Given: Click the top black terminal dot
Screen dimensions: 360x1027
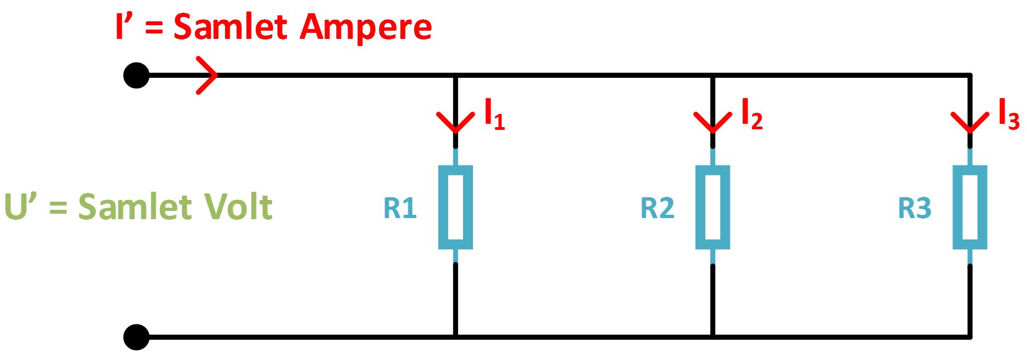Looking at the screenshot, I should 136,75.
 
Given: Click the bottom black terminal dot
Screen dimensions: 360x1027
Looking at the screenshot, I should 136,337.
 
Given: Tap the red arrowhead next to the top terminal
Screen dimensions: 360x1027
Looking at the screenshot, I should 207,75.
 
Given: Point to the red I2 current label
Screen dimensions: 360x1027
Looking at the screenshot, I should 751,114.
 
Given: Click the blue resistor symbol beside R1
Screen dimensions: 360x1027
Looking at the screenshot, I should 455,207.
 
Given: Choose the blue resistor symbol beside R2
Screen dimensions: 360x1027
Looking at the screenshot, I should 712,207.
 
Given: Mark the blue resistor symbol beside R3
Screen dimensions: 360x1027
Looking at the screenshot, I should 969,207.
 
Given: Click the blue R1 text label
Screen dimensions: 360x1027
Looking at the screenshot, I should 400,208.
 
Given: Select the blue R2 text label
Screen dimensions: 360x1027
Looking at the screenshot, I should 657,208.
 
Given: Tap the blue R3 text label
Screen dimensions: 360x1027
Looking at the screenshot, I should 914,208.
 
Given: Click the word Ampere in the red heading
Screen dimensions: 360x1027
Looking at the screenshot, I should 366,27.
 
